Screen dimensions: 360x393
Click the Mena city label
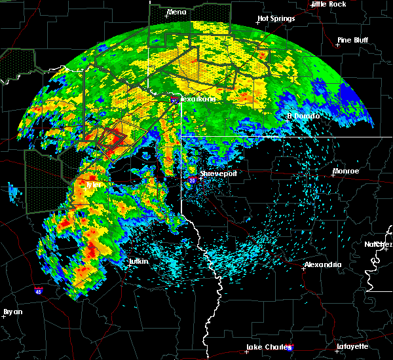pos(177,12)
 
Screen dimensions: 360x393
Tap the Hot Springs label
pos(276,18)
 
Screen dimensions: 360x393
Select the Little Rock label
pos(329,4)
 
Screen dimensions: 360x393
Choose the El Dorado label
pos(304,116)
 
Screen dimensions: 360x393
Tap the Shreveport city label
pos(219,173)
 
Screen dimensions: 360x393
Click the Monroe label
pos(346,171)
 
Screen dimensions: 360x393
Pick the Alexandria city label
pos(323,264)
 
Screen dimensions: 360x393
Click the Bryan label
pos(12,312)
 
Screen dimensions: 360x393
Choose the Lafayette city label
pos(352,346)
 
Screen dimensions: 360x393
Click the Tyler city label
pos(95,185)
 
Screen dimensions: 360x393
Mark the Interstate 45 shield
pos(39,288)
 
